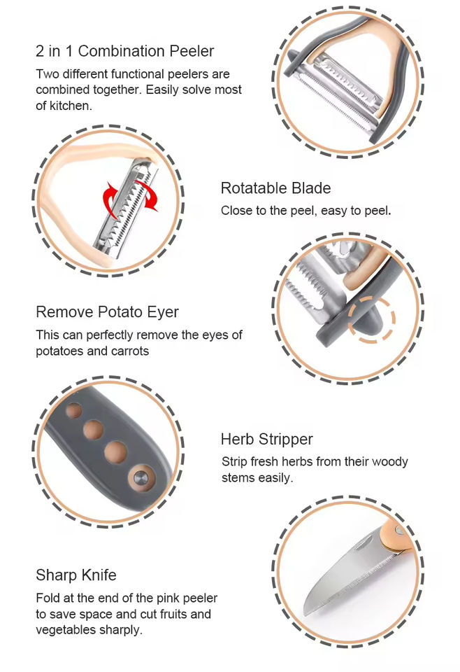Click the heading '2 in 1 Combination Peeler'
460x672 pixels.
click(124, 51)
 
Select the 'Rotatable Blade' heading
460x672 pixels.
click(275, 188)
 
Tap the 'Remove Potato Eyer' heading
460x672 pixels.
click(107, 311)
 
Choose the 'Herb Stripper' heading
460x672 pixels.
click(266, 440)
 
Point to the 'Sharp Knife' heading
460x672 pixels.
click(76, 575)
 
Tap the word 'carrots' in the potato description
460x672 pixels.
click(127, 351)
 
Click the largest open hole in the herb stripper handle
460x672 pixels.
click(116, 452)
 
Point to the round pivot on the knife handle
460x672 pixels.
click(399, 532)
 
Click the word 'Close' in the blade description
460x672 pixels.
click(236, 210)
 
